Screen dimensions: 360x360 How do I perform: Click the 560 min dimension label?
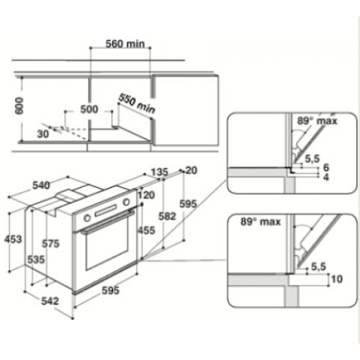pos(125,44)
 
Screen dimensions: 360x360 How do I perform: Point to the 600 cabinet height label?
pos(19,106)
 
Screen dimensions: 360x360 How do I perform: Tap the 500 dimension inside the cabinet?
pos(89,109)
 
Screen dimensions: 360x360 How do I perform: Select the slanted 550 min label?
pos(137,104)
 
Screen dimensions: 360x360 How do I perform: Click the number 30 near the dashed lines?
pos(43,134)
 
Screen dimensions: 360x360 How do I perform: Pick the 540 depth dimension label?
pos(41,185)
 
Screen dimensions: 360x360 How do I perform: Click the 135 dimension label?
pos(159,172)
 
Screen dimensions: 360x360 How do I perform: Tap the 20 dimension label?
pos(192,171)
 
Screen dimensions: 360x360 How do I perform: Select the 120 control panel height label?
pos(146,195)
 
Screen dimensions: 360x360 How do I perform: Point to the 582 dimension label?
pos(167,217)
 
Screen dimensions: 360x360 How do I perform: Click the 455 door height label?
pos(146,230)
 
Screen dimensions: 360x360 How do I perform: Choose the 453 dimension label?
pos(13,239)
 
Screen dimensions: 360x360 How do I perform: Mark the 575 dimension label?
pos(50,244)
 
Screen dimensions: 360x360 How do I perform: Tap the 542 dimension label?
pos(50,301)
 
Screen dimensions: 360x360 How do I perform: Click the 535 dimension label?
pos(36,260)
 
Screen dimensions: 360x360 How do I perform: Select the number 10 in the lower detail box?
pos(337,279)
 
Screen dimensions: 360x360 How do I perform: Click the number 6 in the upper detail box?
pos(326,168)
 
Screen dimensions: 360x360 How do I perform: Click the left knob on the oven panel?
pos(87,218)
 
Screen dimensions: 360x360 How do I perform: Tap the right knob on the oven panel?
pos(127,202)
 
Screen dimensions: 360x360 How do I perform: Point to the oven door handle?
pos(108,222)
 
